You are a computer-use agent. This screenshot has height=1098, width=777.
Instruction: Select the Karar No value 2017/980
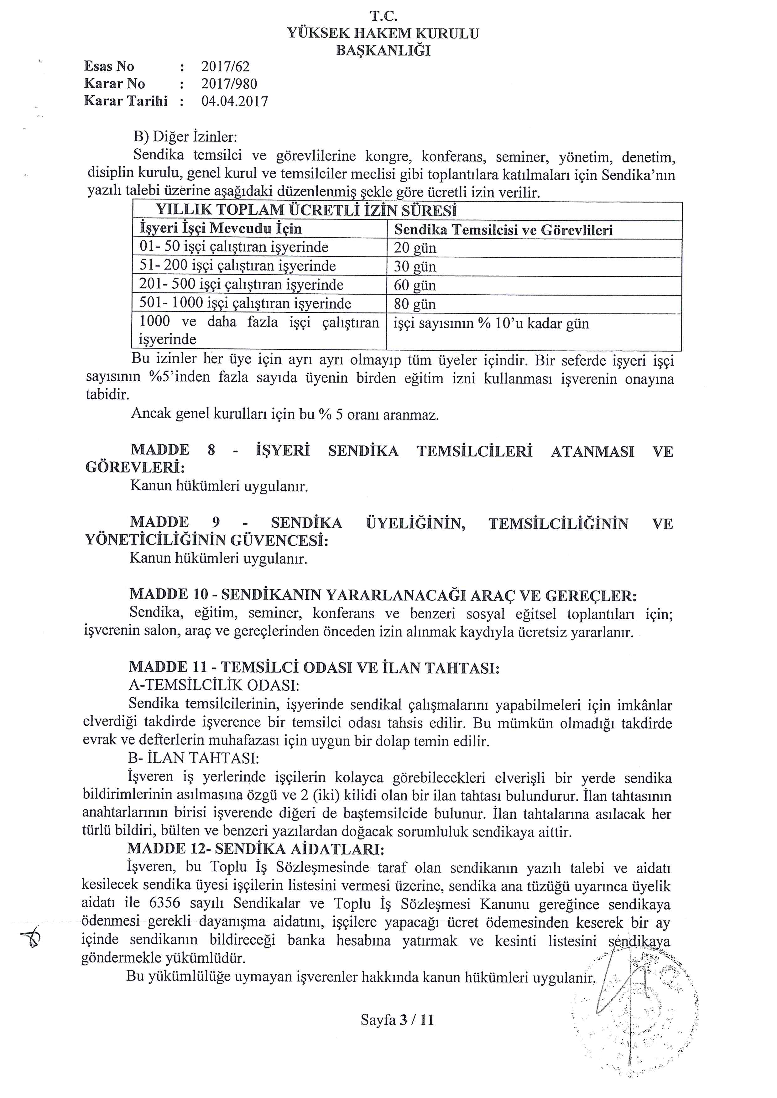coord(229,84)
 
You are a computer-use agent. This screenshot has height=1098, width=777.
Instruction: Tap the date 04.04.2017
coord(234,101)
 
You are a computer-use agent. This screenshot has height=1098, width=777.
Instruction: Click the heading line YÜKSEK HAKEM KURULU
coord(383,34)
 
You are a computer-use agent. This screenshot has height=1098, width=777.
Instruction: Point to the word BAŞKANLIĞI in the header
coord(383,50)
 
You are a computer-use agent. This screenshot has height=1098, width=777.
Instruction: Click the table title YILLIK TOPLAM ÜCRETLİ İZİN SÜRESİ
coord(306,210)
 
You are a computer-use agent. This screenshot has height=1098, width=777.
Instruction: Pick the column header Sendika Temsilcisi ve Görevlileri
coord(503,230)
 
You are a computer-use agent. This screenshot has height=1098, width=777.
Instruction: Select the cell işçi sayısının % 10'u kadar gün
coord(491,324)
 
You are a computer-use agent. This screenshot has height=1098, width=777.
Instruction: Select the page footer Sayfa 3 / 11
coord(397,1021)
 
